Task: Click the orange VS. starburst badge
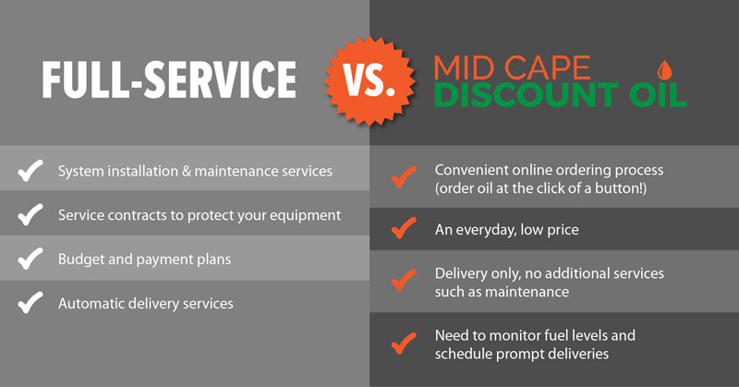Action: coord(370,80)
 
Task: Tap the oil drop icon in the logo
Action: coord(664,70)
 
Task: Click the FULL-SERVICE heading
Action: coord(169,79)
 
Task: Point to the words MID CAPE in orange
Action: coord(512,67)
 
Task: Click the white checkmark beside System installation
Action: coord(30,170)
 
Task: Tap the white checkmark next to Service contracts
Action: coord(30,214)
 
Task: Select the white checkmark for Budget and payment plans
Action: coord(30,259)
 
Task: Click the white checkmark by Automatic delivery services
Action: coord(30,303)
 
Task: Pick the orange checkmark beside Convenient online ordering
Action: coord(404,176)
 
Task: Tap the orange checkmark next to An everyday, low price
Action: coord(404,228)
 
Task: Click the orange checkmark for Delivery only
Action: coord(404,280)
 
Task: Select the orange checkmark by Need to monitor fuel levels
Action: coord(404,344)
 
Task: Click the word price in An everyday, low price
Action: coord(563,231)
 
